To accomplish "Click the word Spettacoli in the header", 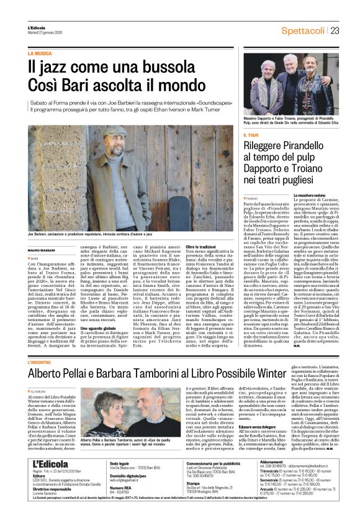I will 304,30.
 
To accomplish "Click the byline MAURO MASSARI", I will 41,249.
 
